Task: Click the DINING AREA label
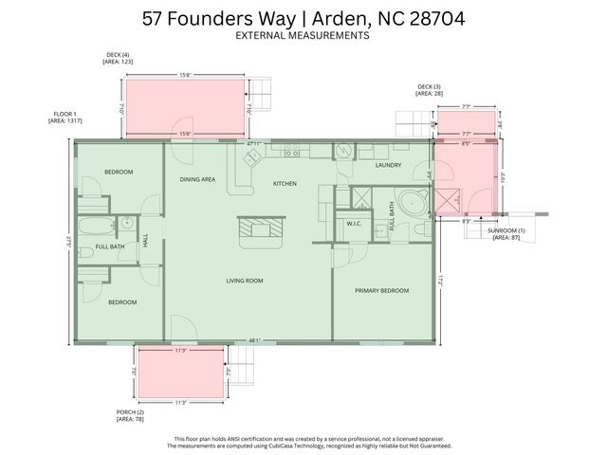tap(197, 178)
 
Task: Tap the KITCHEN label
tap(285, 183)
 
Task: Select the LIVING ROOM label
tap(244, 281)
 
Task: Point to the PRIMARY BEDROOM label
tap(381, 290)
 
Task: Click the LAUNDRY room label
tap(388, 165)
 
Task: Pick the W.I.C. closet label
tap(355, 225)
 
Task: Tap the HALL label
tap(146, 240)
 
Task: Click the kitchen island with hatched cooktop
tap(260, 227)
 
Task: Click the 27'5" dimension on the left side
tap(68, 242)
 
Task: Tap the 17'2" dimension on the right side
tap(441, 282)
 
